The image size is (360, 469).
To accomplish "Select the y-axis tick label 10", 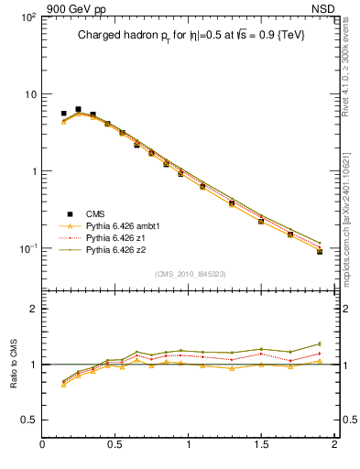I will click(29, 94).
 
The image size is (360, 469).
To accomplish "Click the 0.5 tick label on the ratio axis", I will click(27, 420).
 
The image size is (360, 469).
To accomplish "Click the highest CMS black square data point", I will click(78, 109).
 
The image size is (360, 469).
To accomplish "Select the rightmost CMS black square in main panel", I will click(320, 250).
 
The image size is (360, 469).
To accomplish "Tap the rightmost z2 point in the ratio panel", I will click(320, 344).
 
